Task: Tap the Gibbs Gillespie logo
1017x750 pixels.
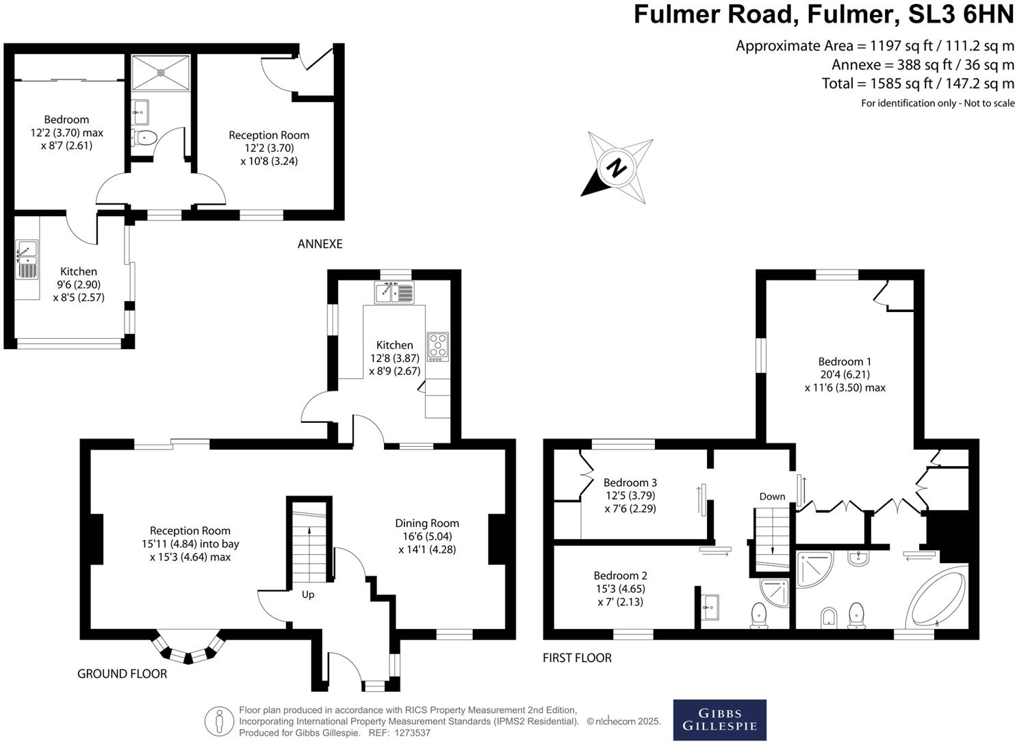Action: (719, 719)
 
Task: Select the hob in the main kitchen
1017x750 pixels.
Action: (437, 346)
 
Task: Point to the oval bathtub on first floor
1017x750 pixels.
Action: (936, 597)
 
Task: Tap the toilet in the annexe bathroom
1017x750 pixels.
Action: (146, 138)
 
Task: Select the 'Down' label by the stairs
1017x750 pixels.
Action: (772, 496)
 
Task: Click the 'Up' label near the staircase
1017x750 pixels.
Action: (308, 595)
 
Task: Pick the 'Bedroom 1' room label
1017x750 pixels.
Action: (845, 361)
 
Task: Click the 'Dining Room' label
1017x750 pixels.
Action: (427, 523)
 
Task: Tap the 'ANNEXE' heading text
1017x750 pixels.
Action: (320, 244)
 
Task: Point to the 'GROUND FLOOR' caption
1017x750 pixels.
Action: (122, 673)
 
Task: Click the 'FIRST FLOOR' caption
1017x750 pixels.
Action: (577, 658)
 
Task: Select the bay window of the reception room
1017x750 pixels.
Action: (188, 647)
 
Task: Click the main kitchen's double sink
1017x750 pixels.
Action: (394, 292)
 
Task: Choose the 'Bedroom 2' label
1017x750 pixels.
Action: (620, 576)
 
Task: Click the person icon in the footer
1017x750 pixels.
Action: (219, 721)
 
